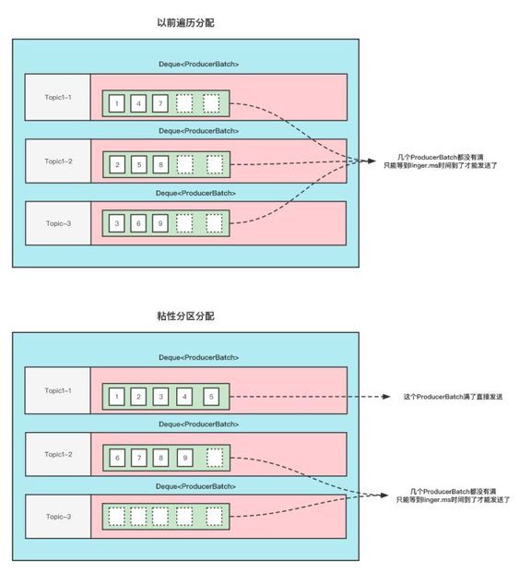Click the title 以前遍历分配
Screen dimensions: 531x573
tap(185, 23)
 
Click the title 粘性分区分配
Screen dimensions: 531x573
tap(185, 316)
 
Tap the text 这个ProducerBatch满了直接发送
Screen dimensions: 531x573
tap(453, 397)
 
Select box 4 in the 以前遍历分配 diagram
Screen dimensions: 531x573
tap(138, 103)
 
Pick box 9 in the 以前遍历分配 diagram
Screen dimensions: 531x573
tap(160, 223)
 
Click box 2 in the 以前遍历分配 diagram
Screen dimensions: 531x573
tap(117, 165)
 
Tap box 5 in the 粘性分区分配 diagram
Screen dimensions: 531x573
tap(211, 397)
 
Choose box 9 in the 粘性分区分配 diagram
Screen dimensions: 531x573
tap(184, 459)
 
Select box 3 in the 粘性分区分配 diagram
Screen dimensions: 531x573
tap(160, 397)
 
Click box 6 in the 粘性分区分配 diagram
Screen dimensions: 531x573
tap(117, 459)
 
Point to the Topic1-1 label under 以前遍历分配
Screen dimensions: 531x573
tap(58, 97)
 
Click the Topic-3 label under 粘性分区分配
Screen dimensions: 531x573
tap(58, 517)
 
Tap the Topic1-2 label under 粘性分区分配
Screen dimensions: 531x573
tap(58, 454)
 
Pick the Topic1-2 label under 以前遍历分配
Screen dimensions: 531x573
tap(58, 161)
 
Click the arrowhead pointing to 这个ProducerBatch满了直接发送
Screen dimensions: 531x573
tap(385, 397)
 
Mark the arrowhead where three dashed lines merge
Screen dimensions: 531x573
tap(371, 161)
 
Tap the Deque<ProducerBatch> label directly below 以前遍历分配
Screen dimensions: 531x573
tap(199, 64)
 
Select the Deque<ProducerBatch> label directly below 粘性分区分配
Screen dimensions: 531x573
tap(199, 357)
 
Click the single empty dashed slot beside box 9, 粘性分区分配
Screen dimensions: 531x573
tap(215, 459)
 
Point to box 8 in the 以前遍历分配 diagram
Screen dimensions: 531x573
tap(160, 165)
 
